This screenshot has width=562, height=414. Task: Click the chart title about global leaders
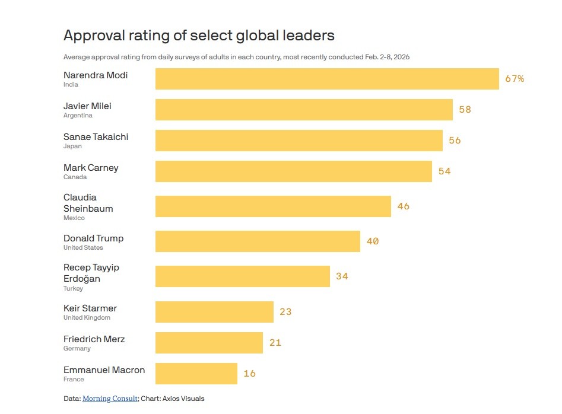coord(199,36)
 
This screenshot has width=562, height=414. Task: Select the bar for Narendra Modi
coord(327,79)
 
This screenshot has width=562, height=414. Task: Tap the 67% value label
coord(515,79)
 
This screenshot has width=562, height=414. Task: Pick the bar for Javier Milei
coord(304,110)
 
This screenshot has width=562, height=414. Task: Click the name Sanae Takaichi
coord(96,137)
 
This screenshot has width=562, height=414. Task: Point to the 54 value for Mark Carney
coord(444,171)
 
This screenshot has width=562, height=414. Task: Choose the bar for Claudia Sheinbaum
coord(273,206)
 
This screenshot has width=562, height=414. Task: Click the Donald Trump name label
coord(93,238)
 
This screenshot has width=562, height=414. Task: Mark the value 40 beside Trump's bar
coord(373,241)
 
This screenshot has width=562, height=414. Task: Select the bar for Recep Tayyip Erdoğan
coord(242,276)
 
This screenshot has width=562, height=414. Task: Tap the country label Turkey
coord(73,289)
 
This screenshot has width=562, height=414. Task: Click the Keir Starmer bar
coord(214,312)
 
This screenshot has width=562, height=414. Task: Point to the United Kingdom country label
coord(87,318)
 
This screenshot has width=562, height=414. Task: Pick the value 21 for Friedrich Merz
coord(275,343)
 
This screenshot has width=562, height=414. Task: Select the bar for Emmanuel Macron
coord(196,374)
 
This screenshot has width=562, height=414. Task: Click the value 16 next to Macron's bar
coord(249,374)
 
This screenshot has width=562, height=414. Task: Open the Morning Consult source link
coord(110,399)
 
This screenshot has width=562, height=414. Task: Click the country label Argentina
coord(78,116)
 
